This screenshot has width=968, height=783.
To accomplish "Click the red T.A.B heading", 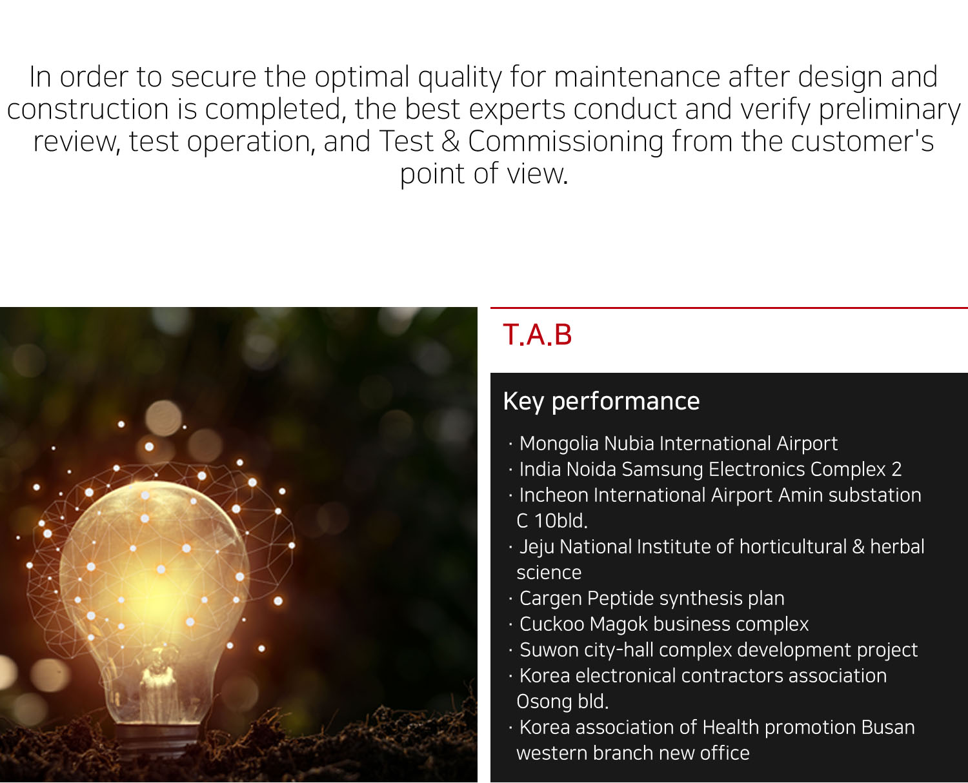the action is tap(537, 335).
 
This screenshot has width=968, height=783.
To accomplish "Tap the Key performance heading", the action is tap(601, 401).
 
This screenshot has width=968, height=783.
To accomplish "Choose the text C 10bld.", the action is tap(552, 521).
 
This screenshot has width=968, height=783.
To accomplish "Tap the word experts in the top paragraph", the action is tap(517, 110).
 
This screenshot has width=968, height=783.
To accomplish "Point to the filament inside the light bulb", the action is tap(157, 672).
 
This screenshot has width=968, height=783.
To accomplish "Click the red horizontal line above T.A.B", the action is tap(729, 308).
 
